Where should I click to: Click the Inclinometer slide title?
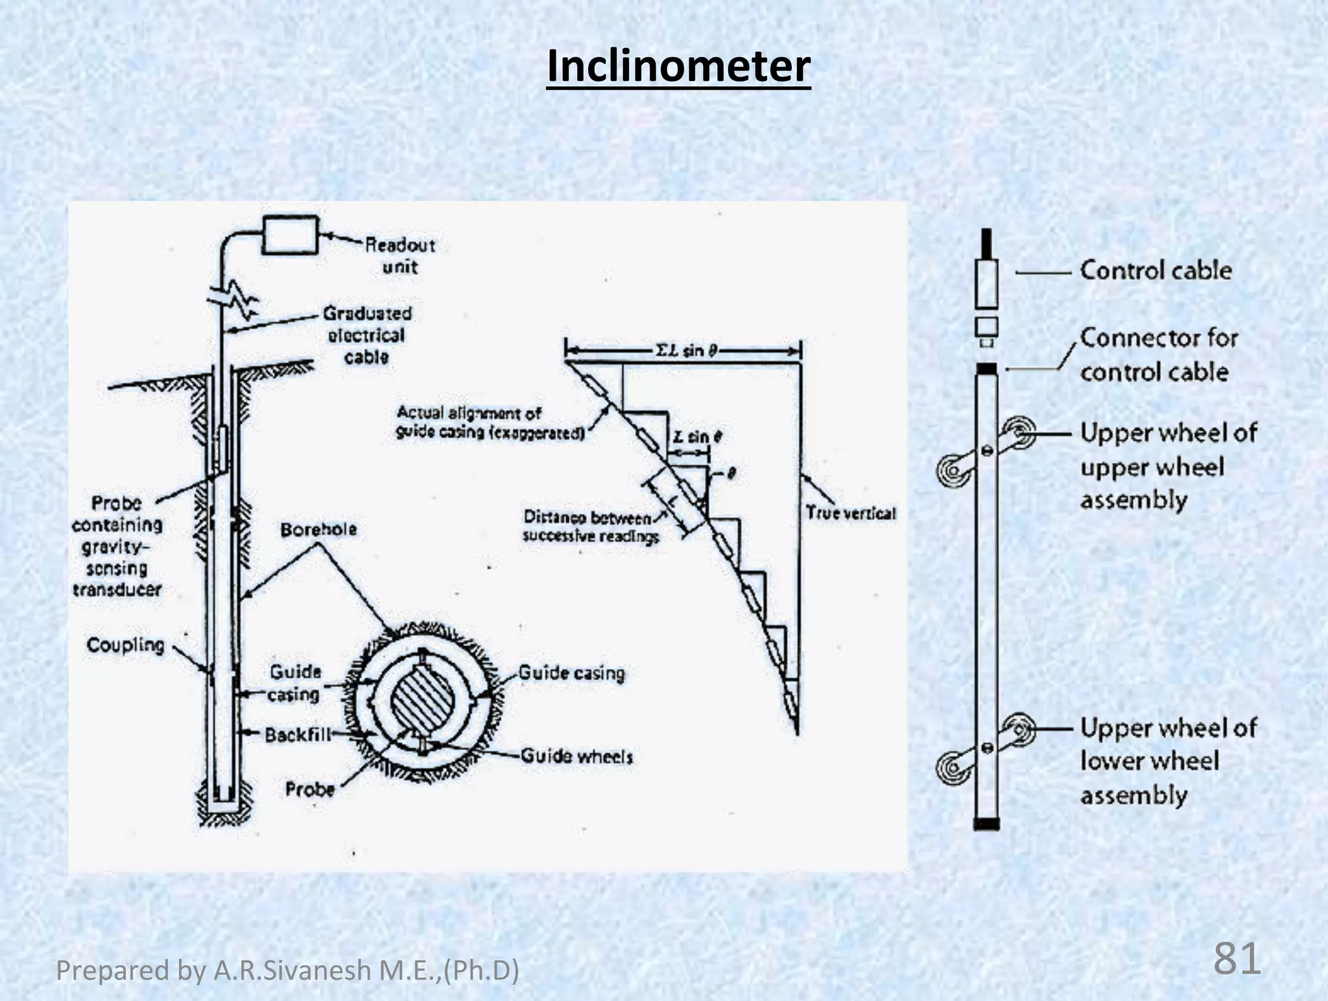(x=678, y=66)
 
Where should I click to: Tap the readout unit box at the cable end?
(x=290, y=234)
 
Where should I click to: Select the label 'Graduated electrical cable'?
(x=367, y=335)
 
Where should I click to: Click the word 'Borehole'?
(x=318, y=529)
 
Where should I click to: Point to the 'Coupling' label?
(x=125, y=645)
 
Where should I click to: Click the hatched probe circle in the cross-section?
(x=422, y=702)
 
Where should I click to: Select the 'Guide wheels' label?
(x=576, y=756)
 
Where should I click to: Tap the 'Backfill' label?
(x=298, y=734)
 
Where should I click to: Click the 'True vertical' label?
(x=850, y=513)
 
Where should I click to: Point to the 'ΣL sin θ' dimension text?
(x=686, y=351)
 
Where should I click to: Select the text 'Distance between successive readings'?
(x=590, y=527)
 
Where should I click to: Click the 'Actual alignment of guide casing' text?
(x=490, y=422)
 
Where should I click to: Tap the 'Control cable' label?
(x=1156, y=271)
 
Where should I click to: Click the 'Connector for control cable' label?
(x=1158, y=355)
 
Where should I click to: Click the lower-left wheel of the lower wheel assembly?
(x=951, y=767)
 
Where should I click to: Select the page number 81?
(x=1236, y=959)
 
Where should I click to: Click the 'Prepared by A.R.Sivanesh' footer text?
(x=287, y=971)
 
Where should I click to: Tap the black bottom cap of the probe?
(x=986, y=825)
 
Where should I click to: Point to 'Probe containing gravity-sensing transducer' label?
(x=117, y=546)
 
